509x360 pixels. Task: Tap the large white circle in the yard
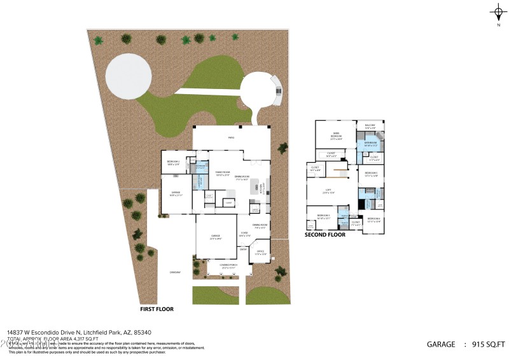click(129, 76)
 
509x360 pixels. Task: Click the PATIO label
click(232, 137)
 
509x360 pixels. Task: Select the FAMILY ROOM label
click(222, 173)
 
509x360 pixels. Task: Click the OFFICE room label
click(260, 252)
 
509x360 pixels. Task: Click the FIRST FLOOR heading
click(157, 309)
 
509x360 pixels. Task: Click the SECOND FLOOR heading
click(324, 235)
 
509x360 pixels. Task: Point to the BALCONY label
click(370, 125)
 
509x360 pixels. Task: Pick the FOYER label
click(244, 233)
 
